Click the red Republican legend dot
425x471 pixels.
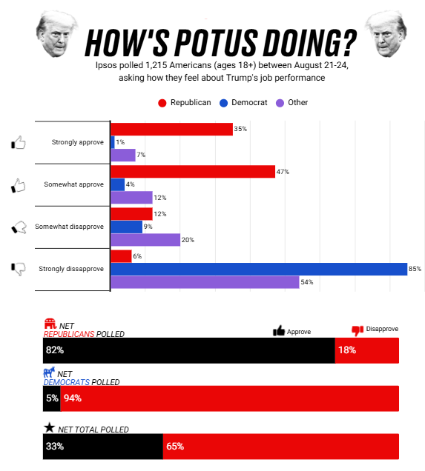point(162,103)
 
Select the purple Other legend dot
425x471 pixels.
point(280,103)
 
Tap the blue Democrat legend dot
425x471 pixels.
point(223,103)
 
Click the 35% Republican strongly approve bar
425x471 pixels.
point(172,129)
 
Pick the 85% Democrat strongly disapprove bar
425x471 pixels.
point(259,269)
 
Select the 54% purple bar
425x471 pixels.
point(205,282)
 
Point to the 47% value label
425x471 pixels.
point(283,172)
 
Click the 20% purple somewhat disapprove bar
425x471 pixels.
point(145,240)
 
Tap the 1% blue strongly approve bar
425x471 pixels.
point(113,142)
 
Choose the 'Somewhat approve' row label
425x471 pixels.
point(73,184)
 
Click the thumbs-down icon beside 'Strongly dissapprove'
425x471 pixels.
point(19,269)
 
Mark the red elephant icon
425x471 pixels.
point(50,324)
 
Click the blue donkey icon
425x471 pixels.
point(49,373)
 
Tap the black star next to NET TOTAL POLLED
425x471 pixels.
point(50,427)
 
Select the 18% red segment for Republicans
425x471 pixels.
point(367,350)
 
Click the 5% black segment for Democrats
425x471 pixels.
point(52,398)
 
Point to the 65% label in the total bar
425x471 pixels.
point(175,447)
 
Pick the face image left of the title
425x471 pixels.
point(56,33)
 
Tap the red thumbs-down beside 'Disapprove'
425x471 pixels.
point(358,330)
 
